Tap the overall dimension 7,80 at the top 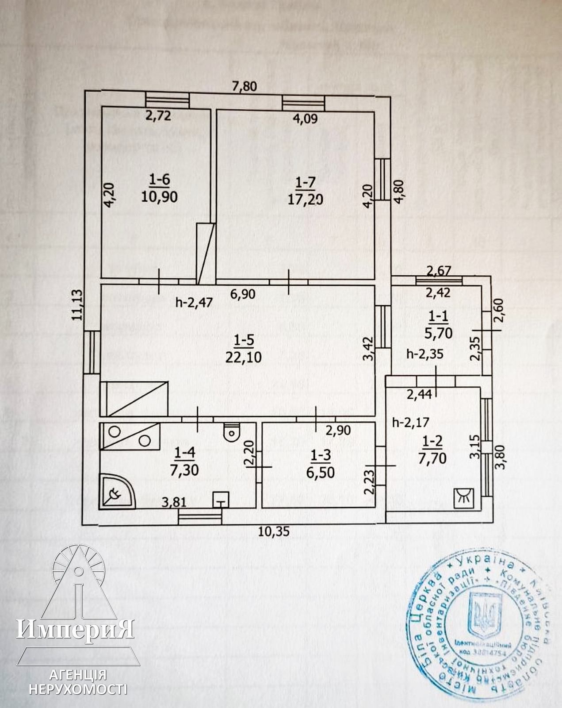245,86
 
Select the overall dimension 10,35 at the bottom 274,531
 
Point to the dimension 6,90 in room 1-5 242,294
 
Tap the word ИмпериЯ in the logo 75,628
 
